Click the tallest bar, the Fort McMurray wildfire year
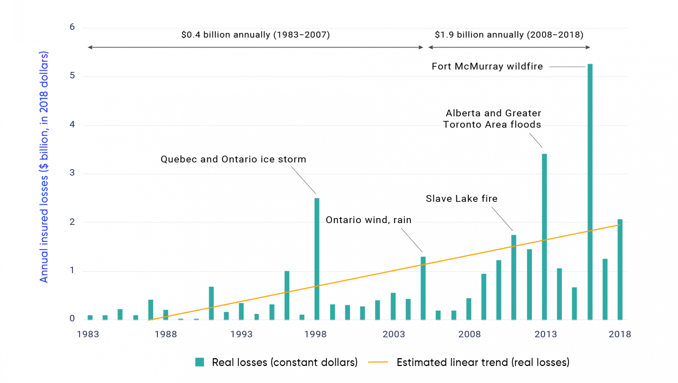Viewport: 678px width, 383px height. pyautogui.click(x=590, y=192)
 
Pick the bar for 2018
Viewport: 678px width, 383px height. pyautogui.click(x=620, y=269)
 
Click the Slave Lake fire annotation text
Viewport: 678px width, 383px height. pyautogui.click(x=461, y=198)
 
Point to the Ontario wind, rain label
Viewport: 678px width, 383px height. pyautogui.click(x=368, y=220)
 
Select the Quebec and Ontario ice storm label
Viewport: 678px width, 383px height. pyautogui.click(x=233, y=159)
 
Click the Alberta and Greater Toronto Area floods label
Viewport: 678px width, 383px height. pyautogui.click(x=492, y=119)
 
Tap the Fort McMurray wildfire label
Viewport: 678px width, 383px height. pyautogui.click(x=487, y=67)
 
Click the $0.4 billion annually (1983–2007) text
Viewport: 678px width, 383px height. pyautogui.click(x=255, y=35)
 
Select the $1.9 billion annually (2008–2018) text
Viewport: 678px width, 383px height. pyautogui.click(x=509, y=35)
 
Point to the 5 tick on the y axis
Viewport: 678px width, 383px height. pyautogui.click(x=72, y=76)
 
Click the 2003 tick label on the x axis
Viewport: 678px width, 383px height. pyautogui.click(x=394, y=334)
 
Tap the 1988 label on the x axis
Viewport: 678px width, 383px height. pyautogui.click(x=166, y=334)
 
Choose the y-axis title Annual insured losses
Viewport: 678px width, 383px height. pyautogui.click(x=44, y=167)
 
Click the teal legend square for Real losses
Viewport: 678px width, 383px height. pyautogui.click(x=200, y=362)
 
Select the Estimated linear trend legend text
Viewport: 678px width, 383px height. pyautogui.click(x=483, y=362)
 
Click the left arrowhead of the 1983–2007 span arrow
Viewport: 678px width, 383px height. pyautogui.click(x=90, y=47)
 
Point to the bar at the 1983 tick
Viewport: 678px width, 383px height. pyautogui.click(x=90, y=317)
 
